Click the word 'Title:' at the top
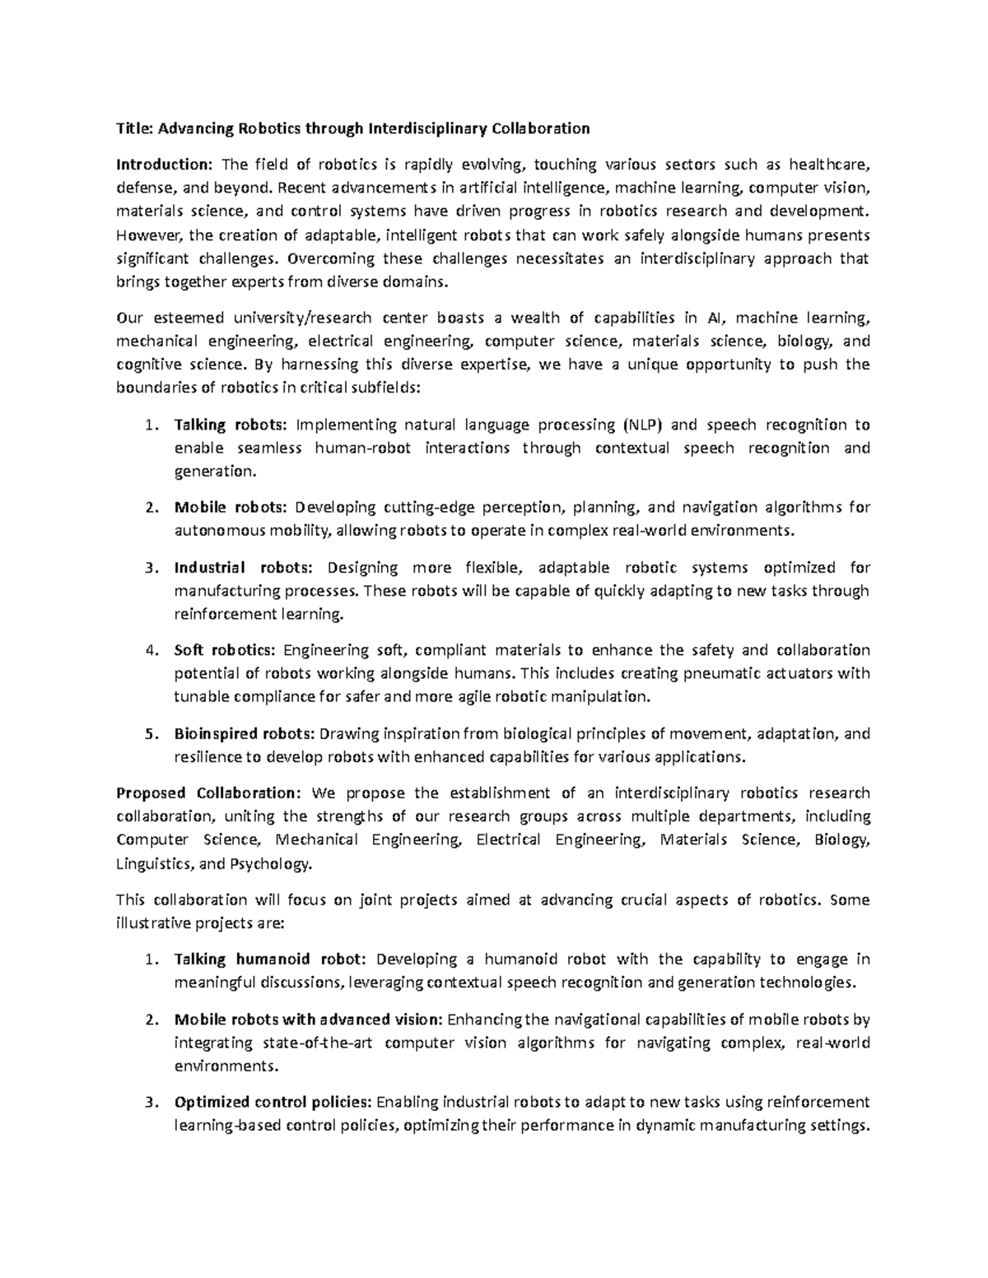(x=135, y=128)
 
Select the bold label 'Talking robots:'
(x=231, y=425)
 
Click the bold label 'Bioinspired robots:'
(x=245, y=733)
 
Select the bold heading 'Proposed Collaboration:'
(x=209, y=793)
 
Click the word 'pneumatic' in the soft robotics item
(x=717, y=673)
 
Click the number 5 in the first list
(x=149, y=733)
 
